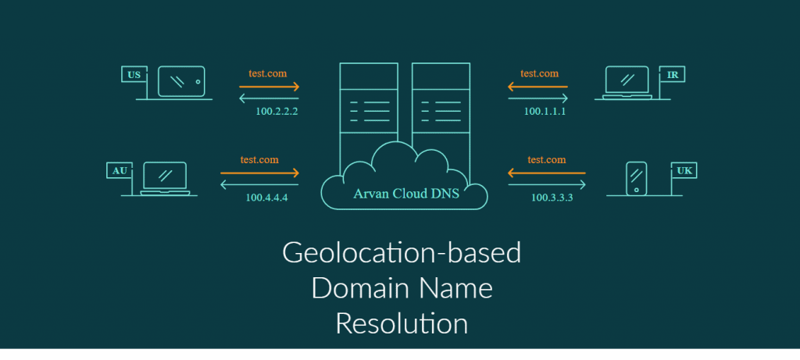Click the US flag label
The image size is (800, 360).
point(134,74)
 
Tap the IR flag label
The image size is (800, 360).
point(673,74)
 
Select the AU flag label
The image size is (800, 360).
point(120,170)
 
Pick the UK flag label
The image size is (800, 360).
point(684,170)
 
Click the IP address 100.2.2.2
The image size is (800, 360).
point(277,111)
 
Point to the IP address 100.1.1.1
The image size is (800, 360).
point(545,111)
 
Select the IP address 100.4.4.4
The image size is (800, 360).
point(267,198)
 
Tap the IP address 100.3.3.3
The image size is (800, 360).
point(552,198)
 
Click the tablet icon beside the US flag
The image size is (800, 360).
point(181,81)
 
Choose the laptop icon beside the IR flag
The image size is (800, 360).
point(627,83)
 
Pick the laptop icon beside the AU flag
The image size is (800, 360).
point(165,179)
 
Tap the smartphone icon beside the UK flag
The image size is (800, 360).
point(636,178)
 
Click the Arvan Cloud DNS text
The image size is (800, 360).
point(406,193)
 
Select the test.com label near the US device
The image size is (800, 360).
point(267,73)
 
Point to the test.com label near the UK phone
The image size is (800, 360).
point(546,159)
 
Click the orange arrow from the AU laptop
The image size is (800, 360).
point(259,173)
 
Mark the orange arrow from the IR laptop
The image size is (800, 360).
point(537,87)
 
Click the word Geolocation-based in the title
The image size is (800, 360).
point(402,253)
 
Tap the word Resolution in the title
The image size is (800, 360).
point(402,323)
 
